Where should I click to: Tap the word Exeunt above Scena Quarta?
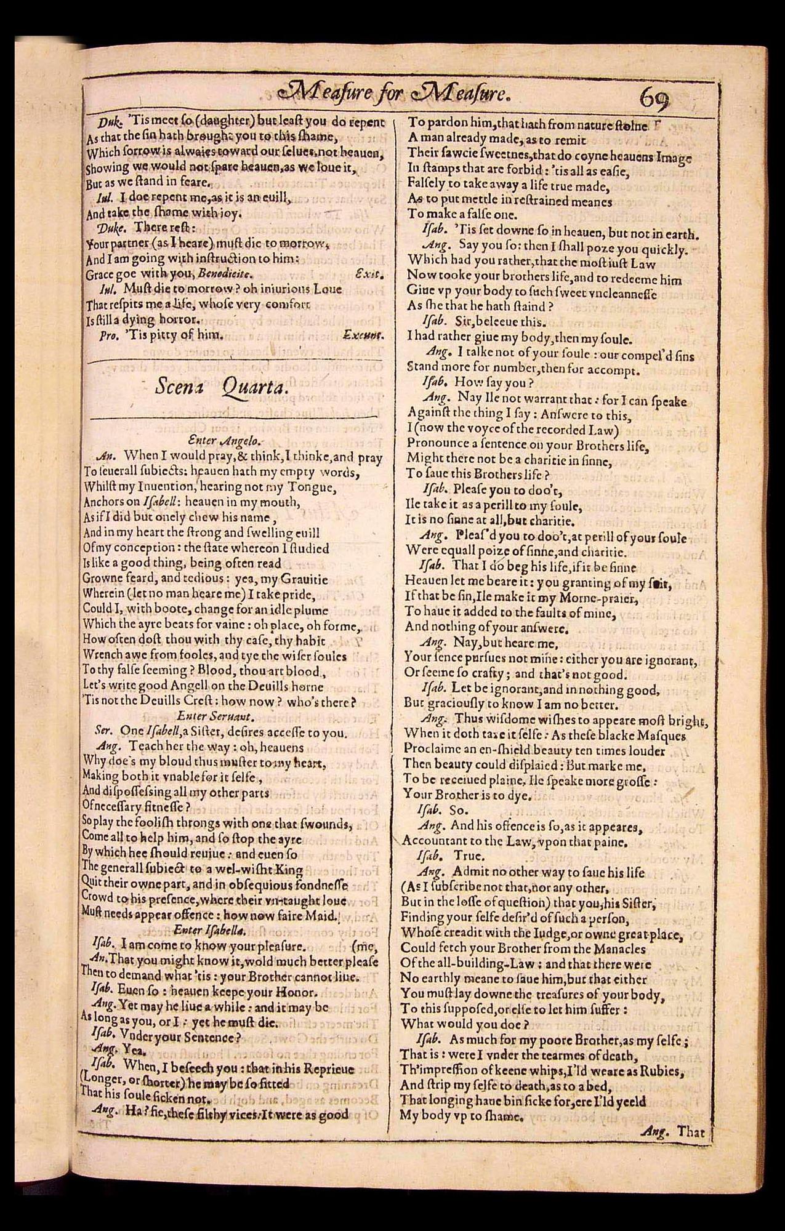pyautogui.click(x=363, y=335)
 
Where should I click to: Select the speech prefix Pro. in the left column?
pyautogui.click(x=108, y=336)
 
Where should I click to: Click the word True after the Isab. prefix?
pyautogui.click(x=469, y=856)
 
